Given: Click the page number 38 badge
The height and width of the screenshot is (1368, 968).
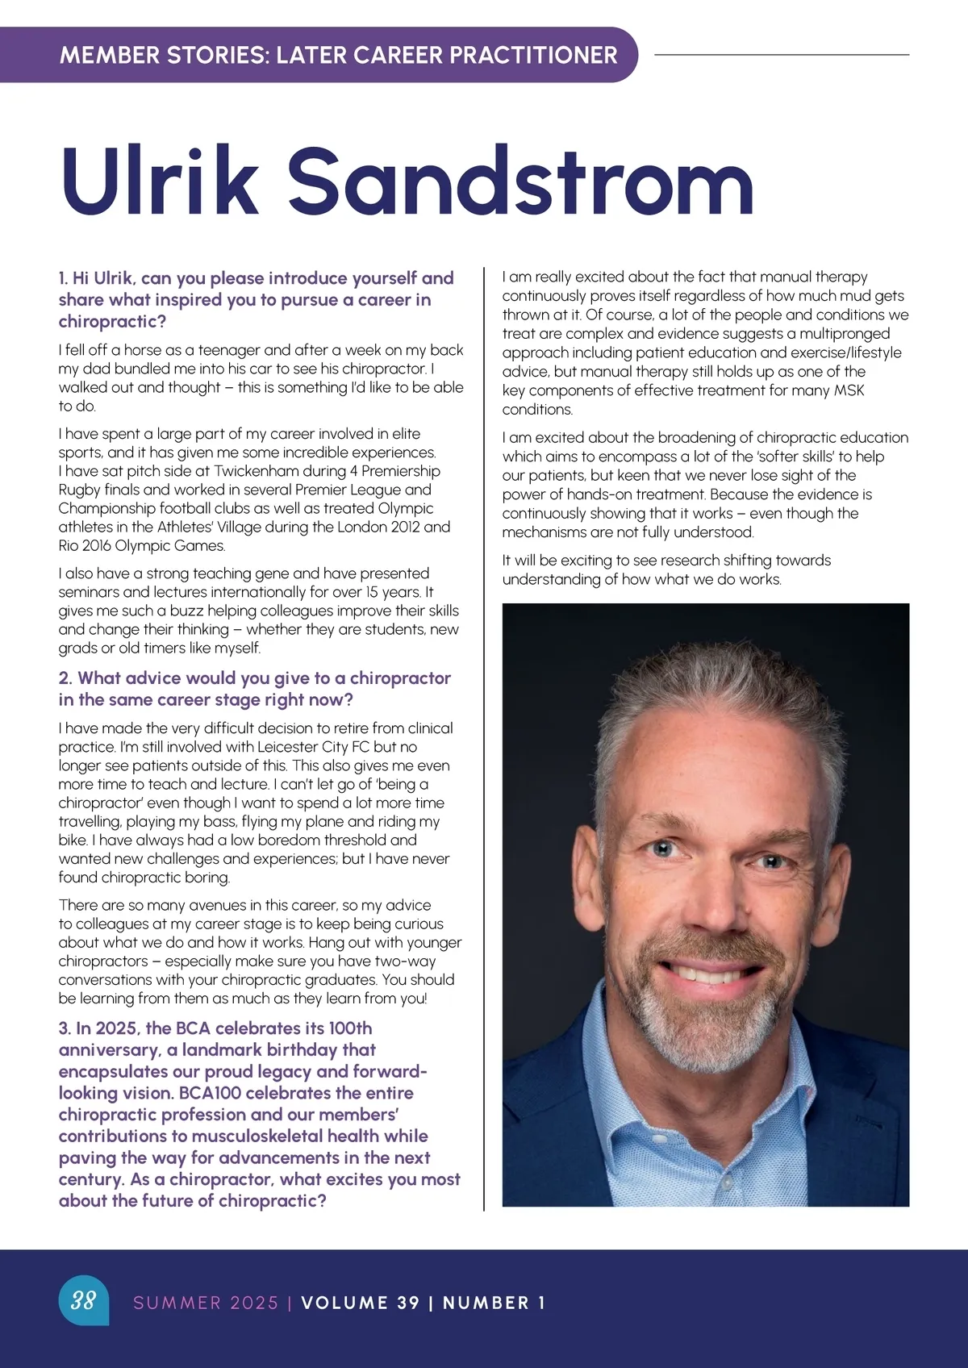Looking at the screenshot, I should pyautogui.click(x=83, y=1300).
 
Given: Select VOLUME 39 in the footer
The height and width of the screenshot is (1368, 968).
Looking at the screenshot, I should pyautogui.click(x=360, y=1303).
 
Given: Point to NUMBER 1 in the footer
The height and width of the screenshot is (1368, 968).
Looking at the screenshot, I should pyautogui.click(x=494, y=1303).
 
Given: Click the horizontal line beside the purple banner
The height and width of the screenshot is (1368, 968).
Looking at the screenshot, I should pyautogui.click(x=781, y=55).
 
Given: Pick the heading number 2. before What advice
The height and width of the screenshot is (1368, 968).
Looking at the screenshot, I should pyautogui.click(x=65, y=678).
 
